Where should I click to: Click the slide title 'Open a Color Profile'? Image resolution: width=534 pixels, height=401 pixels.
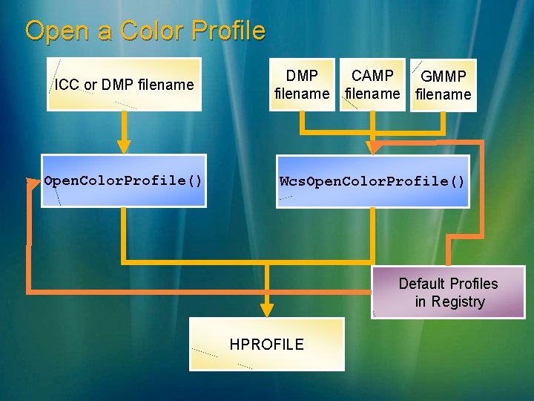(x=145, y=31)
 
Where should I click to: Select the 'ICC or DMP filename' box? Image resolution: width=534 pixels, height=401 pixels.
(x=124, y=85)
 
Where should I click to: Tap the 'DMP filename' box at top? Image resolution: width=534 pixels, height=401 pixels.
(x=302, y=85)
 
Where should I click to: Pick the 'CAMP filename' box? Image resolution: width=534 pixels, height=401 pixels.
(x=372, y=85)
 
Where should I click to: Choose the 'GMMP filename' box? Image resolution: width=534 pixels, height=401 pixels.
(x=443, y=85)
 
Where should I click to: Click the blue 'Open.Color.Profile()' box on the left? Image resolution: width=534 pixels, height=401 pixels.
(x=123, y=180)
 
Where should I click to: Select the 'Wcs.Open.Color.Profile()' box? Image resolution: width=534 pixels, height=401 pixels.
(x=372, y=181)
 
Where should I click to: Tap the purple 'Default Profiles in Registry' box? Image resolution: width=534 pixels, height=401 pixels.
(x=448, y=293)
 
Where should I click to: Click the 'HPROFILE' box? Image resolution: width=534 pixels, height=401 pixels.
(x=267, y=344)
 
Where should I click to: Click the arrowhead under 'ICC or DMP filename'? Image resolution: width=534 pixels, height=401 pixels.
(x=124, y=145)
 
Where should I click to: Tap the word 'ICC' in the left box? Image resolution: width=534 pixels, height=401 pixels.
(x=67, y=85)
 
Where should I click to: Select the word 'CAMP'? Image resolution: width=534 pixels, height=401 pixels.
(x=372, y=76)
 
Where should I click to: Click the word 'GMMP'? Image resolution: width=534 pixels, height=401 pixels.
(x=443, y=76)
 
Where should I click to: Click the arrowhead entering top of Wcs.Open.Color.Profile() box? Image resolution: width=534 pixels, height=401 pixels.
(x=374, y=148)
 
